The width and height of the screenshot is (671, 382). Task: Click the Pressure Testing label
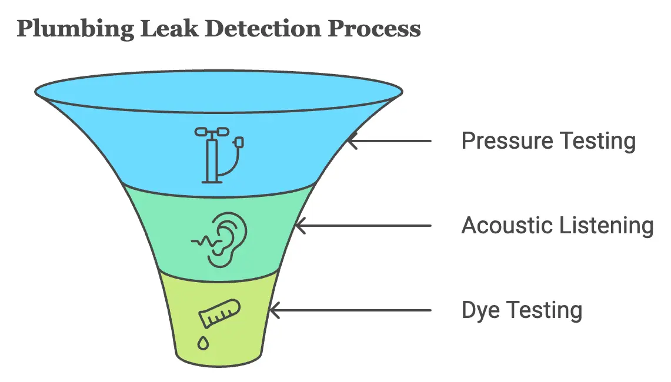[x=548, y=142]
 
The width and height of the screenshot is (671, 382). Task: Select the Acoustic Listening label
[x=557, y=226]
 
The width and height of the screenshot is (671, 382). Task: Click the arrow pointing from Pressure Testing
[x=388, y=141]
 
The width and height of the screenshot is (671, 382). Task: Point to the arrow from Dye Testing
[x=349, y=310]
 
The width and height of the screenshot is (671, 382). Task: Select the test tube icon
[x=219, y=311]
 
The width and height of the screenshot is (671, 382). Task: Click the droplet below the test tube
[x=203, y=343]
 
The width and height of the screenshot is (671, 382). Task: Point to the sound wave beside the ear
[x=202, y=240]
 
